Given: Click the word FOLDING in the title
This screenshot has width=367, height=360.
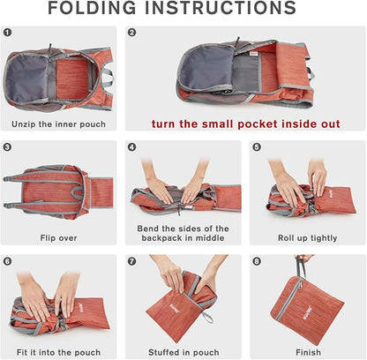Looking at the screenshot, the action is [92, 8].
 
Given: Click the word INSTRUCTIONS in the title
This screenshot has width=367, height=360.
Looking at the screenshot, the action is [221, 8].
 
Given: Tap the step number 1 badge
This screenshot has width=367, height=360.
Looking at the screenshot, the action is [7, 32].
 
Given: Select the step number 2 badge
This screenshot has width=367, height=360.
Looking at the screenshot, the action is [132, 32].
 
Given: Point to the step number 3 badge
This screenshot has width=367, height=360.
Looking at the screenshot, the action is [7, 146].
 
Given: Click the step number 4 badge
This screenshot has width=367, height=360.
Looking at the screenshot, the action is [132, 146].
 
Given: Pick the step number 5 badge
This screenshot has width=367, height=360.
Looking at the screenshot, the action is [257, 146].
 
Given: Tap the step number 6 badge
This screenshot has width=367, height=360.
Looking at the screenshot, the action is [7, 261].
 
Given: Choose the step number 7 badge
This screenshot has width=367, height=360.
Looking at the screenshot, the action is [132, 261].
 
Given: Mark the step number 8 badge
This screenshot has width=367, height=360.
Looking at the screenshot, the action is [257, 261].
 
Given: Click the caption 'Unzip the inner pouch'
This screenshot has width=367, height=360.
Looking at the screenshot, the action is [58, 124].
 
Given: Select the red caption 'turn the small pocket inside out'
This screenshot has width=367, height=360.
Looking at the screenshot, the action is [246, 124].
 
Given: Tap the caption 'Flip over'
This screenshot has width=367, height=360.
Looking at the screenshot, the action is [58, 237].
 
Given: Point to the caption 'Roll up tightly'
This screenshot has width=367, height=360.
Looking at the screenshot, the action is [308, 238].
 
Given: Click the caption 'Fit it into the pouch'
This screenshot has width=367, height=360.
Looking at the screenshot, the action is [58, 352].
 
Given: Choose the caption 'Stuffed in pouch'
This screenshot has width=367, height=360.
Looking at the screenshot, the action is [183, 352].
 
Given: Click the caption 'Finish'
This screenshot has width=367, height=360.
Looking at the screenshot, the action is [308, 352].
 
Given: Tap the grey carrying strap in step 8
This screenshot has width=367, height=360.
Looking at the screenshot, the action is [300, 268].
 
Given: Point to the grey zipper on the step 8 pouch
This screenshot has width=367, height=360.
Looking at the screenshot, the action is [288, 299].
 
